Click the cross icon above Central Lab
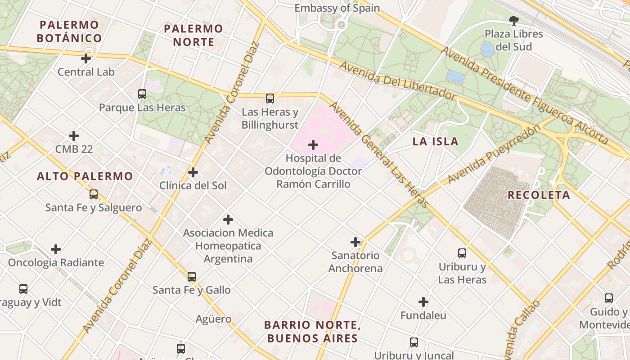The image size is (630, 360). click(x=86, y=58)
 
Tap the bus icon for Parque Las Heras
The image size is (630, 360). click(x=142, y=94)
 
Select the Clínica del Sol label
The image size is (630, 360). click(x=193, y=185)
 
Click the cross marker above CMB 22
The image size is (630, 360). click(x=74, y=136)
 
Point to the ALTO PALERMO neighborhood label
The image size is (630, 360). click(x=85, y=176)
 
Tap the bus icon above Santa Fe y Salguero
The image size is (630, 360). click(x=94, y=194)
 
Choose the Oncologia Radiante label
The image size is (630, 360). click(x=56, y=262)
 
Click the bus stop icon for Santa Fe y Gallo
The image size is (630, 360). click(x=192, y=277)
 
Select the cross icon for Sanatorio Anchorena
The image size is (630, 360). click(x=355, y=242)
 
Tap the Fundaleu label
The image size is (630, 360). click(x=423, y=315)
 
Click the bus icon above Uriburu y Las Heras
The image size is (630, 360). click(x=462, y=253)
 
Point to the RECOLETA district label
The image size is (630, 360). click(x=539, y=195)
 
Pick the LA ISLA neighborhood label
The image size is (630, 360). click(x=435, y=142)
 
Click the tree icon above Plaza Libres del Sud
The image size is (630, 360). click(x=513, y=20)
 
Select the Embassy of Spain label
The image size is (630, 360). click(x=337, y=8)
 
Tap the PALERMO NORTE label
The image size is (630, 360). click(x=193, y=36)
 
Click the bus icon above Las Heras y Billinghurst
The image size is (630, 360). click(x=270, y=99)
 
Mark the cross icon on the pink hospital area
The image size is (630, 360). click(x=313, y=145)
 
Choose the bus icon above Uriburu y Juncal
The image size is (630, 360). click(x=414, y=342)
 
